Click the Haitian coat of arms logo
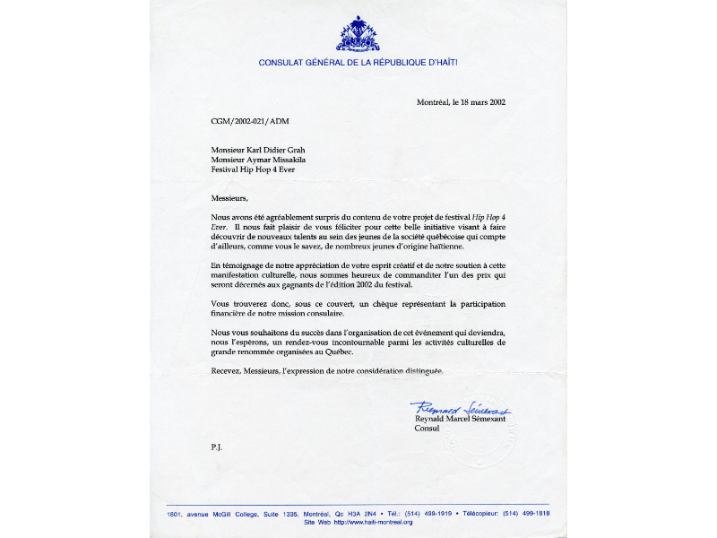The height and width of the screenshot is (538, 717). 358,34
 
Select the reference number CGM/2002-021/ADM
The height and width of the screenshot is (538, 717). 250,120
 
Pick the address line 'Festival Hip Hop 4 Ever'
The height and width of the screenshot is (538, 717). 253,169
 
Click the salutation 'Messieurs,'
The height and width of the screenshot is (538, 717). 228,198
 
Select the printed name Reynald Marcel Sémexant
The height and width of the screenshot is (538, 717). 460,419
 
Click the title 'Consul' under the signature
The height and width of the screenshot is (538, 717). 427,429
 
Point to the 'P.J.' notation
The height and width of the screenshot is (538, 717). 216,446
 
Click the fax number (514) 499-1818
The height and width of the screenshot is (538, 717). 524,513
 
